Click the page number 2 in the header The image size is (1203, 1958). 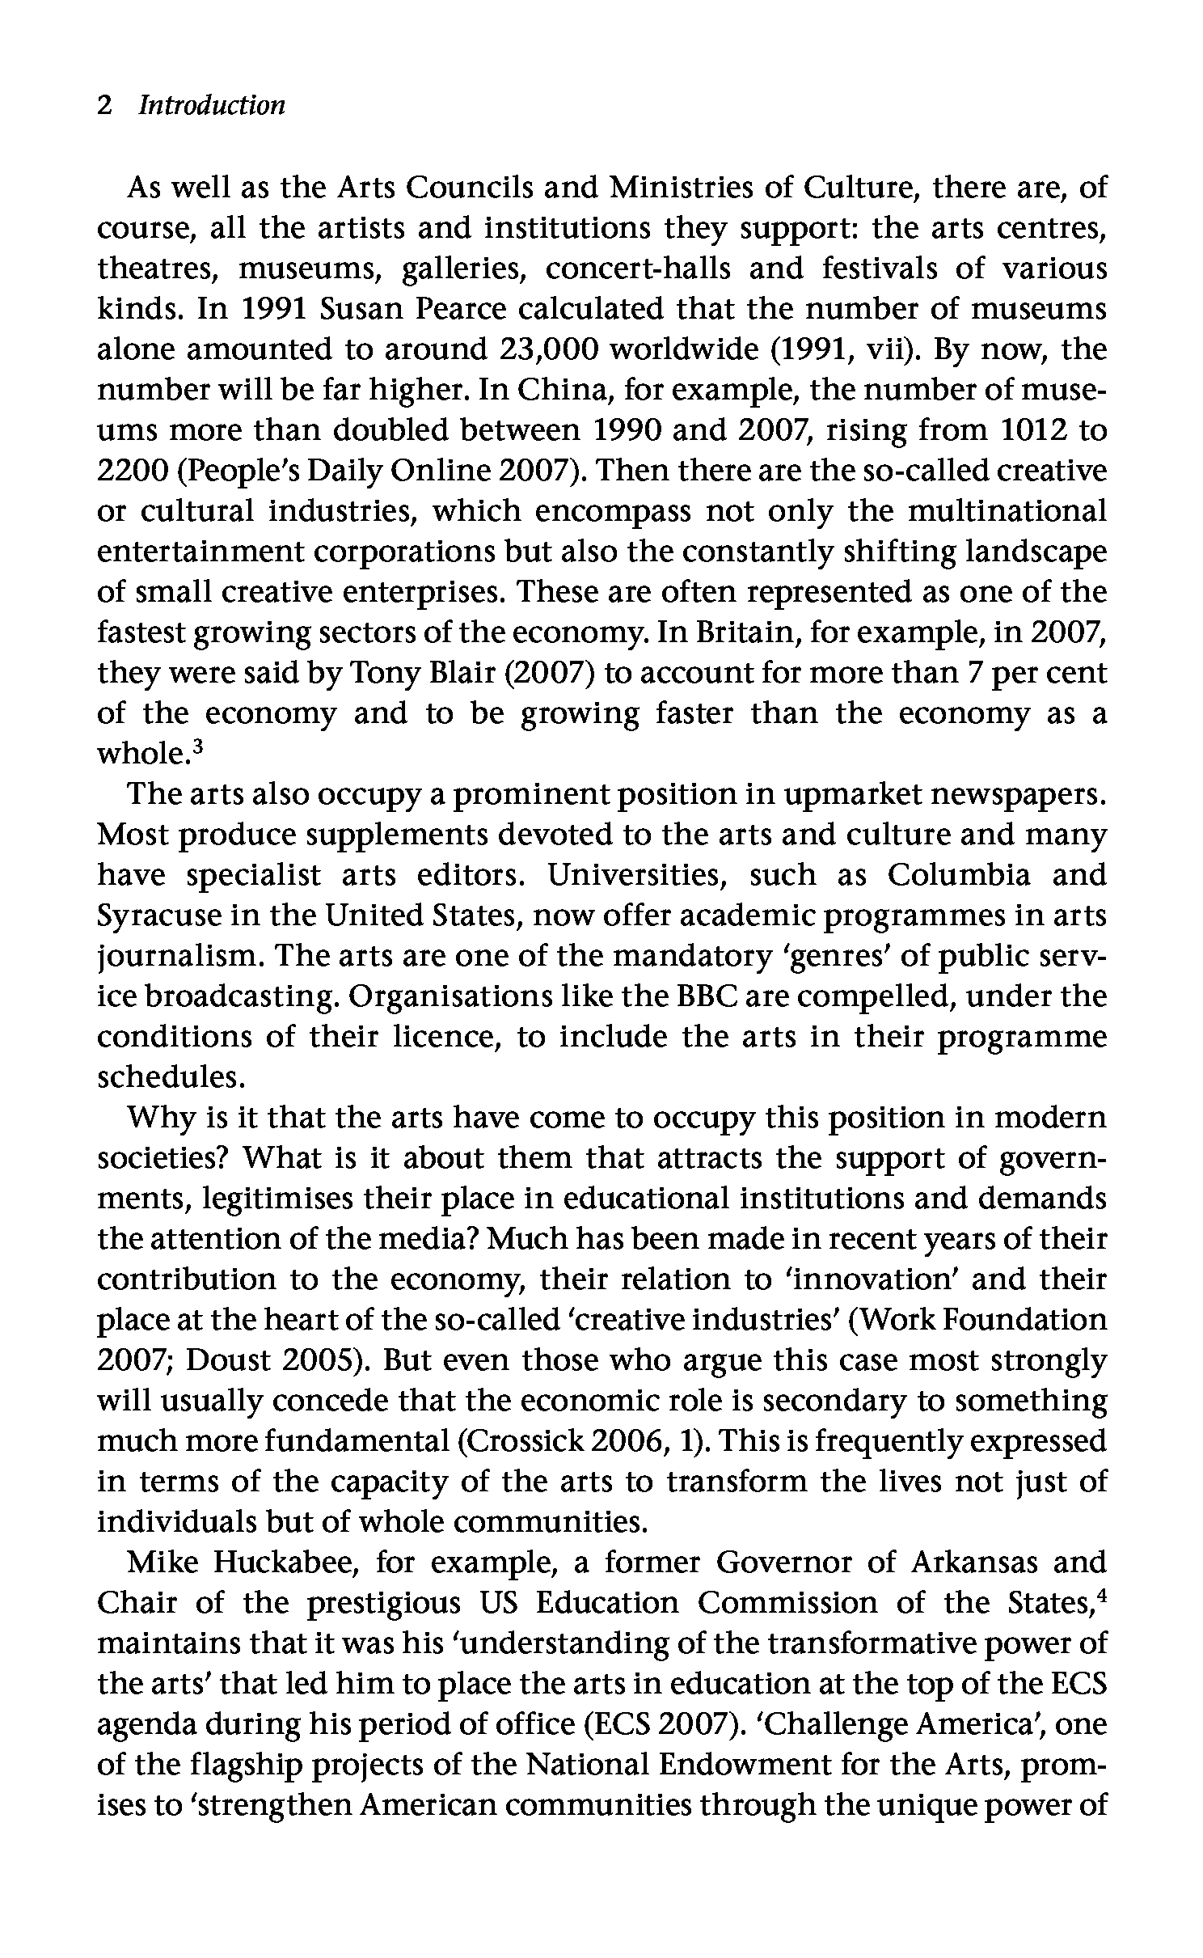[103, 106]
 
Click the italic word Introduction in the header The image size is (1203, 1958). [212, 106]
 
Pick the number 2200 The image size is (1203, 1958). [130, 471]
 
